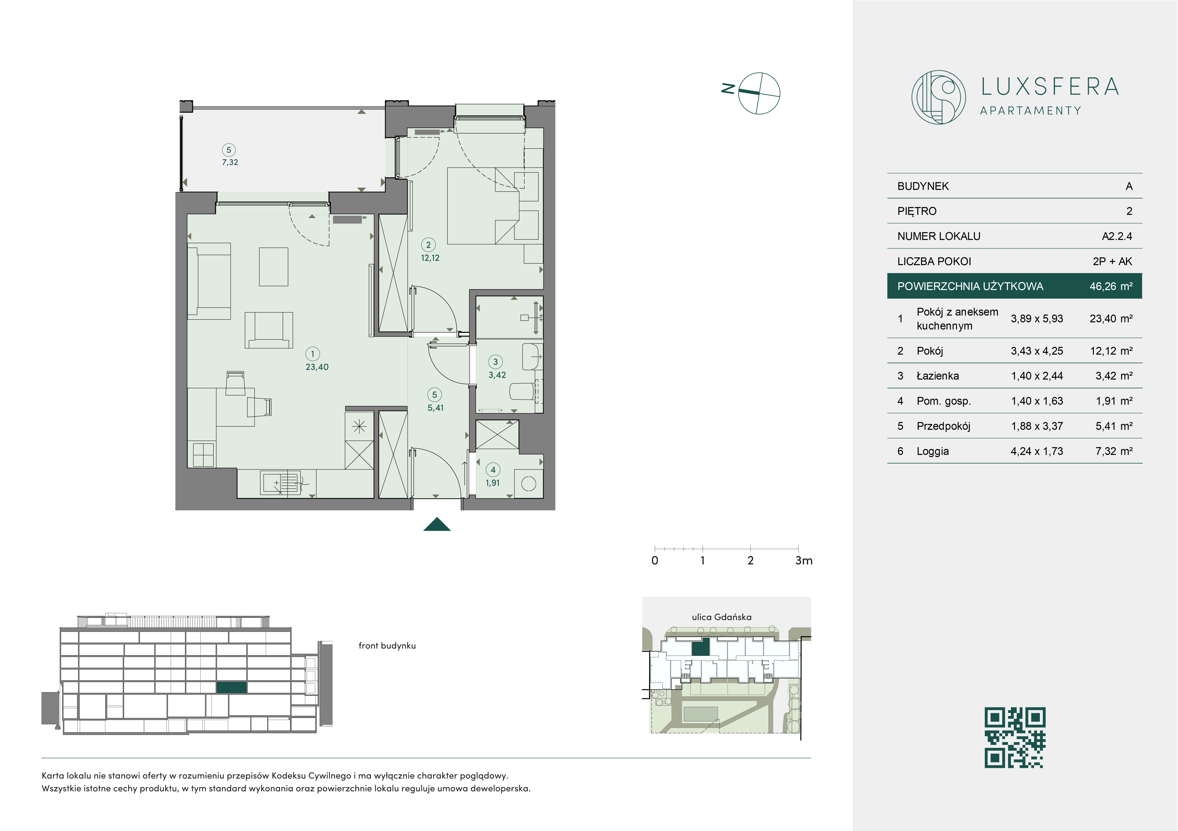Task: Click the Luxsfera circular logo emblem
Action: point(938,97)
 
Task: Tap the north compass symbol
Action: point(759,93)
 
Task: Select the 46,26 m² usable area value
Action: point(1111,286)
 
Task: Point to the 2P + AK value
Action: point(1112,261)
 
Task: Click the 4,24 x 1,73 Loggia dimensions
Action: point(1037,451)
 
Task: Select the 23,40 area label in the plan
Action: point(317,367)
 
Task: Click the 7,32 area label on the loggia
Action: point(230,162)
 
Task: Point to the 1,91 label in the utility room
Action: point(492,483)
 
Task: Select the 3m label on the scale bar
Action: point(804,561)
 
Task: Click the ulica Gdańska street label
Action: point(721,617)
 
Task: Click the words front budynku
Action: point(387,646)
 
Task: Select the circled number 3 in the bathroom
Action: point(495,362)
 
